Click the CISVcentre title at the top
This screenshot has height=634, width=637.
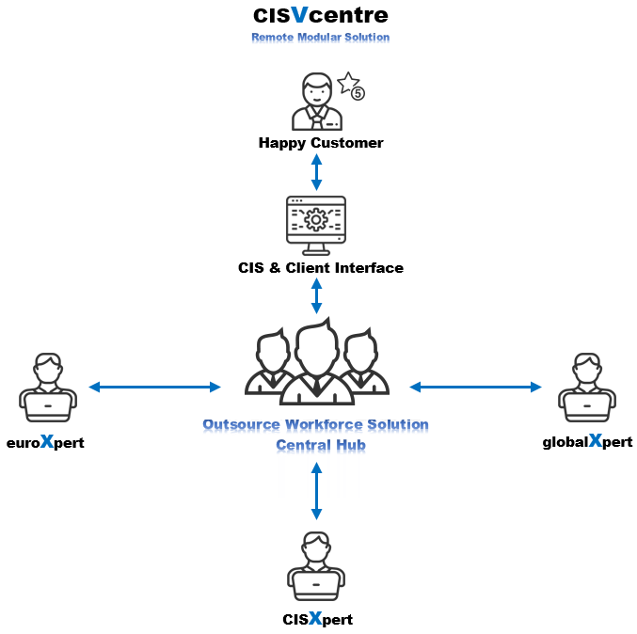pos(320,16)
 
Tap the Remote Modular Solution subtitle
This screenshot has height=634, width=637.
pos(320,38)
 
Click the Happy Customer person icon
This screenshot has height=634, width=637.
pos(317,103)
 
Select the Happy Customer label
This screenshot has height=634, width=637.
pos(321,144)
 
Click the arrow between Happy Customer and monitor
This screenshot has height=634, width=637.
pos(317,171)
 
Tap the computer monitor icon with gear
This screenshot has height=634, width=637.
pos(316,224)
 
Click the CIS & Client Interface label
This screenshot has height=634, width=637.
pos(321,268)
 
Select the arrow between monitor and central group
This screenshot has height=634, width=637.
pos(316,295)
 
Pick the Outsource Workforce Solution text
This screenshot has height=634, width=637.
pos(316,425)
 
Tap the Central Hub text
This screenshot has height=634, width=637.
pos(316,445)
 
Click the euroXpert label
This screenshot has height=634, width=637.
pos(45,442)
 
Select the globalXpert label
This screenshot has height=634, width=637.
pos(587,442)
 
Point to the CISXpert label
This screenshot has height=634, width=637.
pos(317,620)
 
